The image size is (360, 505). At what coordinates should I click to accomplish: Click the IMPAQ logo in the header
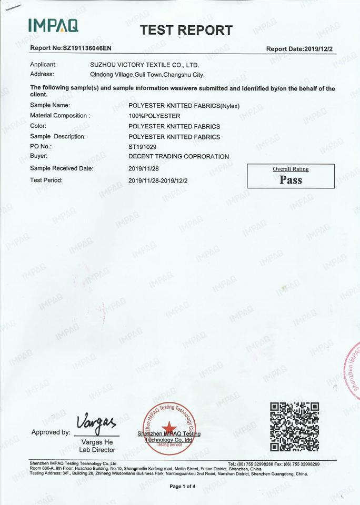(x=53, y=25)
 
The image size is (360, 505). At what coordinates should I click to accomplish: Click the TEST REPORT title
(x=186, y=31)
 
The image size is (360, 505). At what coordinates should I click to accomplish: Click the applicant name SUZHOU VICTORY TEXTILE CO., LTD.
(x=145, y=65)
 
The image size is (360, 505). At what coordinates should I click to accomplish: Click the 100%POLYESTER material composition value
(x=155, y=116)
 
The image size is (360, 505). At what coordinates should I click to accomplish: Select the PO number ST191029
(x=143, y=147)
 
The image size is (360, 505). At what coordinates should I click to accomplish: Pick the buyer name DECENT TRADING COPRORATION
(x=178, y=157)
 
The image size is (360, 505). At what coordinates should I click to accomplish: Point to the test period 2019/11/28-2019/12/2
(x=158, y=180)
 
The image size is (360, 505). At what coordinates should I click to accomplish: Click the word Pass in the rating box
(x=291, y=180)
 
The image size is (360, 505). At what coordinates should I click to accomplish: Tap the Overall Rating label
(x=291, y=169)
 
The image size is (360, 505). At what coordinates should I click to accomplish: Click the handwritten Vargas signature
(x=95, y=421)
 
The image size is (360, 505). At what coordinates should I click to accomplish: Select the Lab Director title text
(x=97, y=450)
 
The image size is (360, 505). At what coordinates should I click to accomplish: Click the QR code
(x=294, y=427)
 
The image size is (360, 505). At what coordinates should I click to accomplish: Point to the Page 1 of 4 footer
(x=182, y=487)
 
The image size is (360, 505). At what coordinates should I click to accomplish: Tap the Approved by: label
(x=51, y=432)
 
